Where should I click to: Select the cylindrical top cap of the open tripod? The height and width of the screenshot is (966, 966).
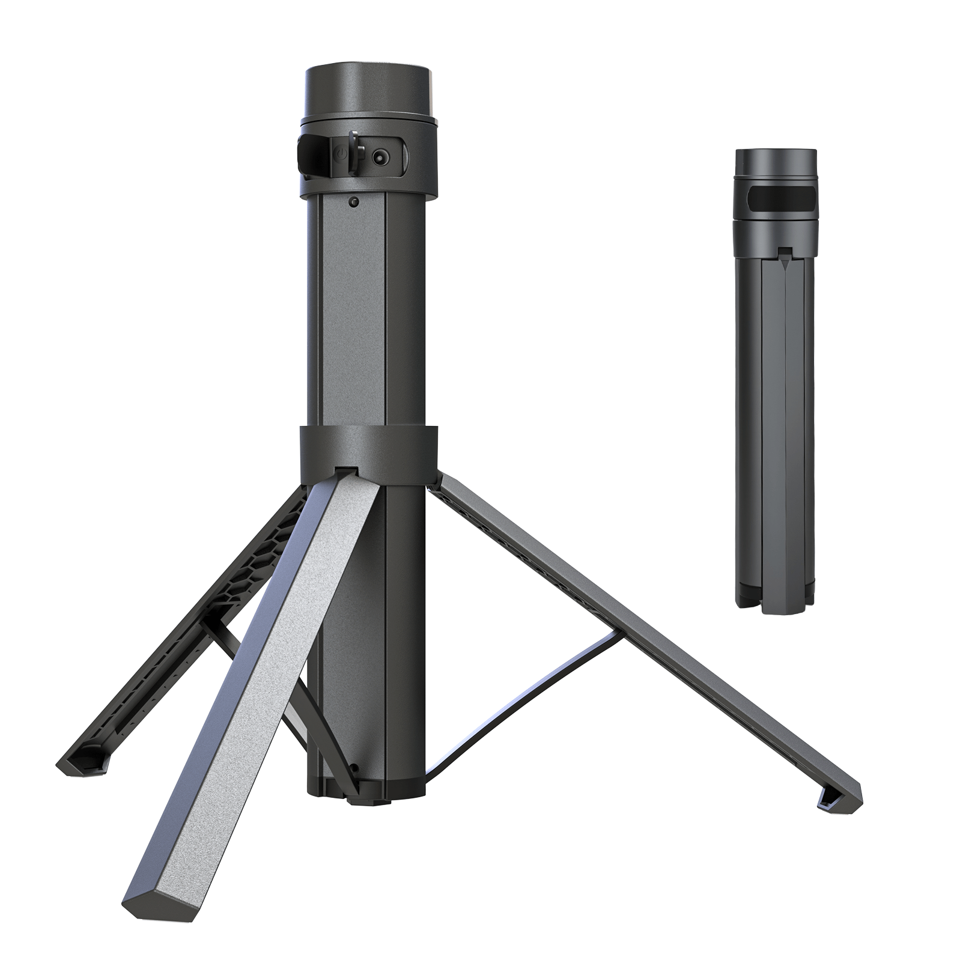point(368,90)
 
